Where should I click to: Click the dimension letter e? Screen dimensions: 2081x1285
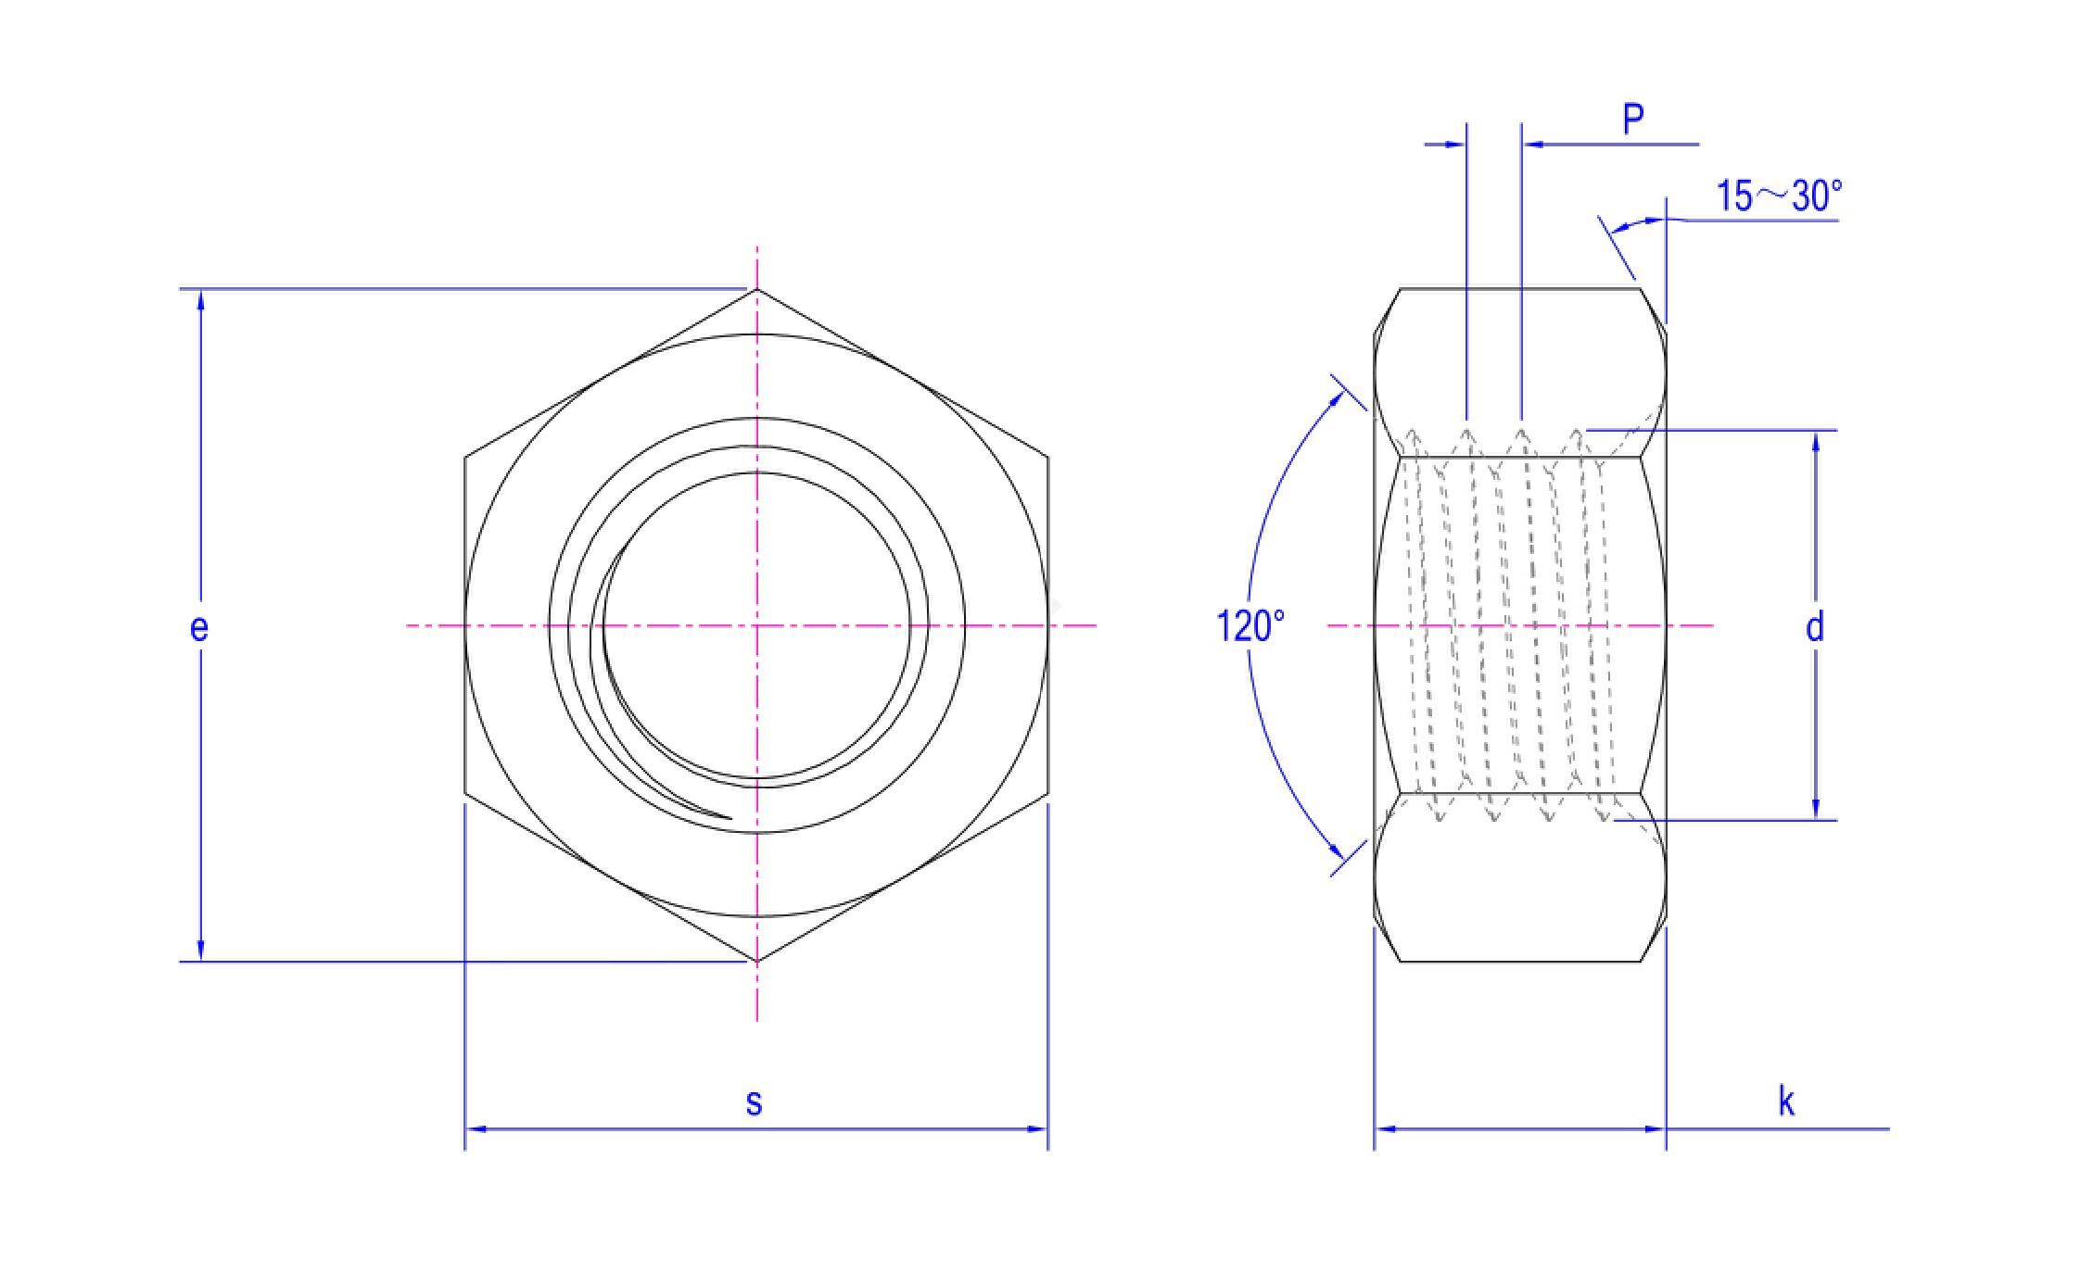[198, 628]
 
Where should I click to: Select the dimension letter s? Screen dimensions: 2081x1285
[755, 1102]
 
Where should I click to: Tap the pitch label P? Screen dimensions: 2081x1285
[1633, 120]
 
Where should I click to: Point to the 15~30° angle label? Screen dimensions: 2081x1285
[1779, 195]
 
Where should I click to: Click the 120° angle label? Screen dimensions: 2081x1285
[1250, 626]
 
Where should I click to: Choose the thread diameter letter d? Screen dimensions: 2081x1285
[1815, 627]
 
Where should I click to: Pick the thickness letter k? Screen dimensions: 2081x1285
[1786, 1102]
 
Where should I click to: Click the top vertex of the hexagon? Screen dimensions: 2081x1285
[757, 289]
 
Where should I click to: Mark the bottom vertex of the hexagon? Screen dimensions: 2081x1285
[757, 961]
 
